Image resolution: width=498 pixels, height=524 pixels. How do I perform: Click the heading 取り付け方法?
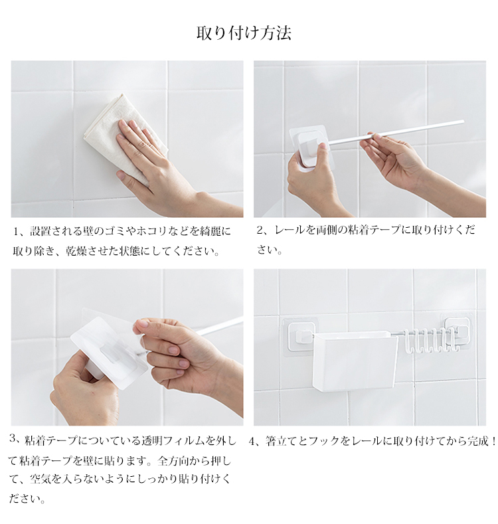[x=244, y=33]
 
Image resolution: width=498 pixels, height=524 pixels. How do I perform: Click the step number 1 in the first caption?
[x=16, y=231]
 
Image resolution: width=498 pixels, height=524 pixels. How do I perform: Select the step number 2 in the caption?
[x=260, y=230]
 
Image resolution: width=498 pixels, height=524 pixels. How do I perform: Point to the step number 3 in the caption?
[x=13, y=438]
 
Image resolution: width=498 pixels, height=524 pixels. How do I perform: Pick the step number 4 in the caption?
[x=252, y=442]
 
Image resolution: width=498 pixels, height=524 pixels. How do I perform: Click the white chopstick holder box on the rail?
[x=355, y=361]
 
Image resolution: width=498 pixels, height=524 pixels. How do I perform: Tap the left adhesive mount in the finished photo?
[x=300, y=337]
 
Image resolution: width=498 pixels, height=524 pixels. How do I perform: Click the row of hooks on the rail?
[x=430, y=340]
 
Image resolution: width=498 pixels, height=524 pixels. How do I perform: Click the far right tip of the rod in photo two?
[x=463, y=121]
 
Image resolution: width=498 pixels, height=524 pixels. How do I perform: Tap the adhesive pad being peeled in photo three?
[x=109, y=353]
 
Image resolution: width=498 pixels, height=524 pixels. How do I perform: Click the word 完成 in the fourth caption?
[x=478, y=442]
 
